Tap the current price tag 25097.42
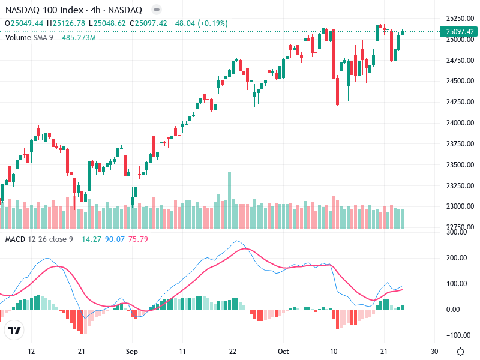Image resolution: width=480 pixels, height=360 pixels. [460, 31]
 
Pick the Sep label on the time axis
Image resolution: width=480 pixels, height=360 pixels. [132, 351]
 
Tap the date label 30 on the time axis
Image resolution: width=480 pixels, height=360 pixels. [434, 351]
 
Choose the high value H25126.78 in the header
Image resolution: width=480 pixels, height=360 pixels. [69, 23]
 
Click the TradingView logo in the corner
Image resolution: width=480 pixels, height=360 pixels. [14, 331]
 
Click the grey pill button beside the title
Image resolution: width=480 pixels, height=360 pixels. [156, 10]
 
